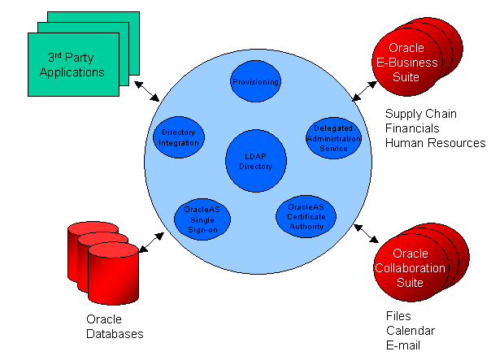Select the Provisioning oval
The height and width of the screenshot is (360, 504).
point(255,83)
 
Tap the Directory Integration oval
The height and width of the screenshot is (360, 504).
point(179,137)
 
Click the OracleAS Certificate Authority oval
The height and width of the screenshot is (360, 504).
point(306,216)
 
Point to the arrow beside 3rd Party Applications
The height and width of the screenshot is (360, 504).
point(146,89)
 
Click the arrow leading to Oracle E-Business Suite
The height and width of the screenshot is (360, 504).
point(362,89)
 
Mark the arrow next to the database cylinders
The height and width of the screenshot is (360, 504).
point(151,239)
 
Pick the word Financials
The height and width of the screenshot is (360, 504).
point(412,128)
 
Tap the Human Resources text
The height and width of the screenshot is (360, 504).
point(435,142)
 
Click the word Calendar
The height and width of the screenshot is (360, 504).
point(410,331)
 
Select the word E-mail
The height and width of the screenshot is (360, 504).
point(404,345)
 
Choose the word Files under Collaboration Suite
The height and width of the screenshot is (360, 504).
point(398,316)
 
